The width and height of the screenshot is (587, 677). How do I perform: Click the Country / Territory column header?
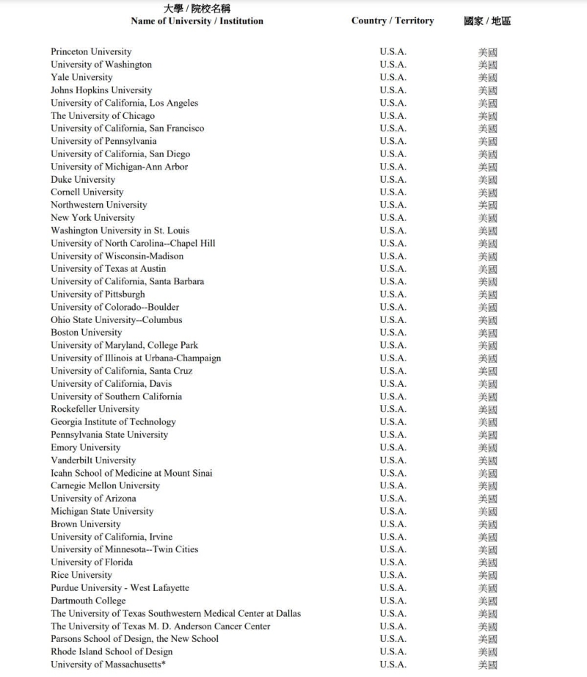click(x=393, y=21)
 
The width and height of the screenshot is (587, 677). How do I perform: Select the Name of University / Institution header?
click(x=197, y=21)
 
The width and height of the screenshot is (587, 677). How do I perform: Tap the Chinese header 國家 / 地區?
click(x=487, y=21)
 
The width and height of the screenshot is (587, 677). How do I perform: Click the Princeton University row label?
click(x=91, y=51)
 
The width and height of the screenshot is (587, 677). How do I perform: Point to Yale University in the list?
click(x=81, y=77)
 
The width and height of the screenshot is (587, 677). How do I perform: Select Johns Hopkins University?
click(x=101, y=90)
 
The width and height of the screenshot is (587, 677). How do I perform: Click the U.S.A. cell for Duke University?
click(x=393, y=179)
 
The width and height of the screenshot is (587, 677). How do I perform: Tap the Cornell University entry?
click(x=87, y=192)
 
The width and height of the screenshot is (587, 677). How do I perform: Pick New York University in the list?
click(x=92, y=217)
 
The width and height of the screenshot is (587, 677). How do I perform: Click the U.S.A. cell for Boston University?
click(x=393, y=333)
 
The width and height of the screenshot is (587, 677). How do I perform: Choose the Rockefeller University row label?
click(x=95, y=409)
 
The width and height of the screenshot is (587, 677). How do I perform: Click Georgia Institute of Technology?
click(x=113, y=422)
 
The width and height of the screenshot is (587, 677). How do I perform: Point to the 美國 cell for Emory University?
click(x=487, y=448)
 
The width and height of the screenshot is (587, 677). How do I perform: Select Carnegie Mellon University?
click(x=105, y=485)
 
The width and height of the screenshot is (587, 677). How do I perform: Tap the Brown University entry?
click(x=85, y=524)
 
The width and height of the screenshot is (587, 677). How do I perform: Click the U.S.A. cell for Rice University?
click(x=393, y=575)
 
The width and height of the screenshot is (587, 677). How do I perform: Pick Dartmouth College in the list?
click(x=88, y=601)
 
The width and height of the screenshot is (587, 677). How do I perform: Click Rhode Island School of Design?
click(x=112, y=651)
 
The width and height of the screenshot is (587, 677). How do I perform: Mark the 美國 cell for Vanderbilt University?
click(x=487, y=460)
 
